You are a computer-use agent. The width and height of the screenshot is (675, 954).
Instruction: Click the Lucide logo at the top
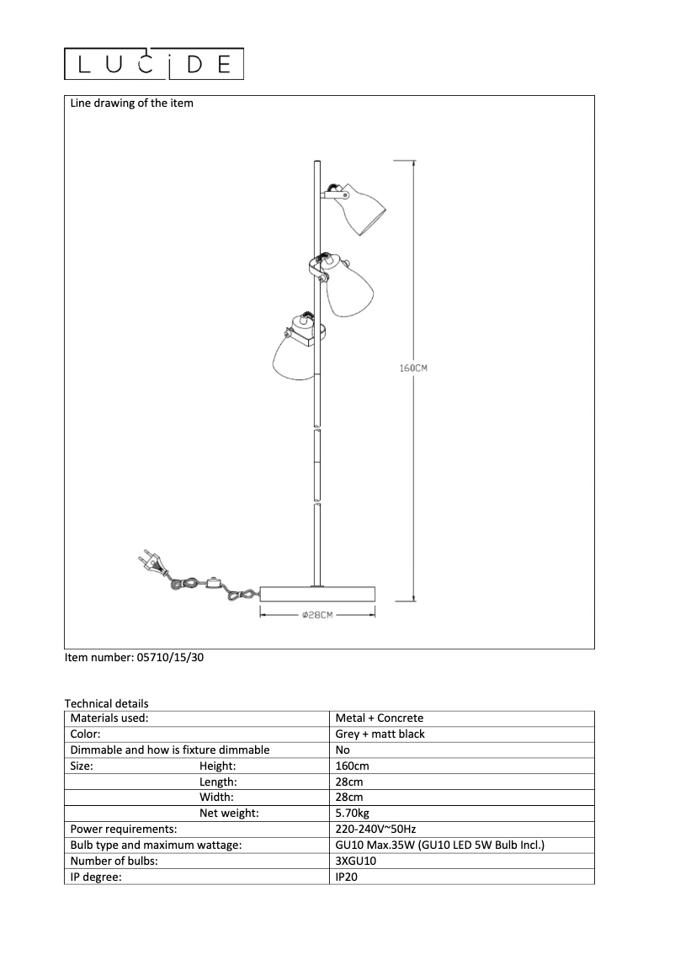[154, 64]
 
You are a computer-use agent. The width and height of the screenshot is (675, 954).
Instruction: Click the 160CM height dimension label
[414, 368]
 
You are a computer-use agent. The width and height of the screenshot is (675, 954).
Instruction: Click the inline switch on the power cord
[214, 582]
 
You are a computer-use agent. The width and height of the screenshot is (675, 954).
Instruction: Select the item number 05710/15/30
[134, 659]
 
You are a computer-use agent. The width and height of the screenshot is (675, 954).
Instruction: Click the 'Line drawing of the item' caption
[131, 103]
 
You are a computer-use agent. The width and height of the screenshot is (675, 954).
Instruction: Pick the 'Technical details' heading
[106, 703]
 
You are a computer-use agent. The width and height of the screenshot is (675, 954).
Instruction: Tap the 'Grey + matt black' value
[380, 734]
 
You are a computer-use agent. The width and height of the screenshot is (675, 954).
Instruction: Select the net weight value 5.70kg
[353, 814]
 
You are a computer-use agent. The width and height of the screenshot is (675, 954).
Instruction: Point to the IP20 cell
[348, 877]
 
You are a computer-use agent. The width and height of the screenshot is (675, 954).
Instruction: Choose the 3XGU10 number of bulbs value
[356, 861]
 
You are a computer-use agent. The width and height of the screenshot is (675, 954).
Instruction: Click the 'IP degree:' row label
[96, 877]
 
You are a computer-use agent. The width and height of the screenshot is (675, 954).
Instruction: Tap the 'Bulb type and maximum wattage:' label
[156, 845]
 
